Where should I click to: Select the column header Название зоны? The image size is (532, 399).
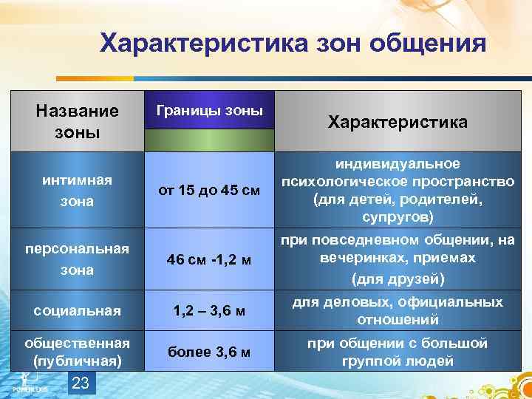click(x=77, y=121)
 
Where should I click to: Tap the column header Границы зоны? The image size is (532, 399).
click(x=209, y=111)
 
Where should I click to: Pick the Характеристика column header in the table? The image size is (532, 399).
click(x=398, y=122)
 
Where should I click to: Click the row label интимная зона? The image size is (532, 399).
click(x=77, y=190)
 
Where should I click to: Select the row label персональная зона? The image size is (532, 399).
click(x=77, y=259)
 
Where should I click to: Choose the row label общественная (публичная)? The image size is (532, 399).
click(x=77, y=352)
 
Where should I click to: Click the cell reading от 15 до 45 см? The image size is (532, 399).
click(x=209, y=191)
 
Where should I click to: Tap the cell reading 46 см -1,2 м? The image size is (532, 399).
click(x=209, y=259)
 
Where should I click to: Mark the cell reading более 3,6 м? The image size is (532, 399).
click(x=209, y=353)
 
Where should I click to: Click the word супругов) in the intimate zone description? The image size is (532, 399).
click(x=398, y=218)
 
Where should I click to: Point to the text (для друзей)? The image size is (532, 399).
click(x=398, y=279)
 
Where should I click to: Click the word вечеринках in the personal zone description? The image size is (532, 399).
click(x=358, y=259)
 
